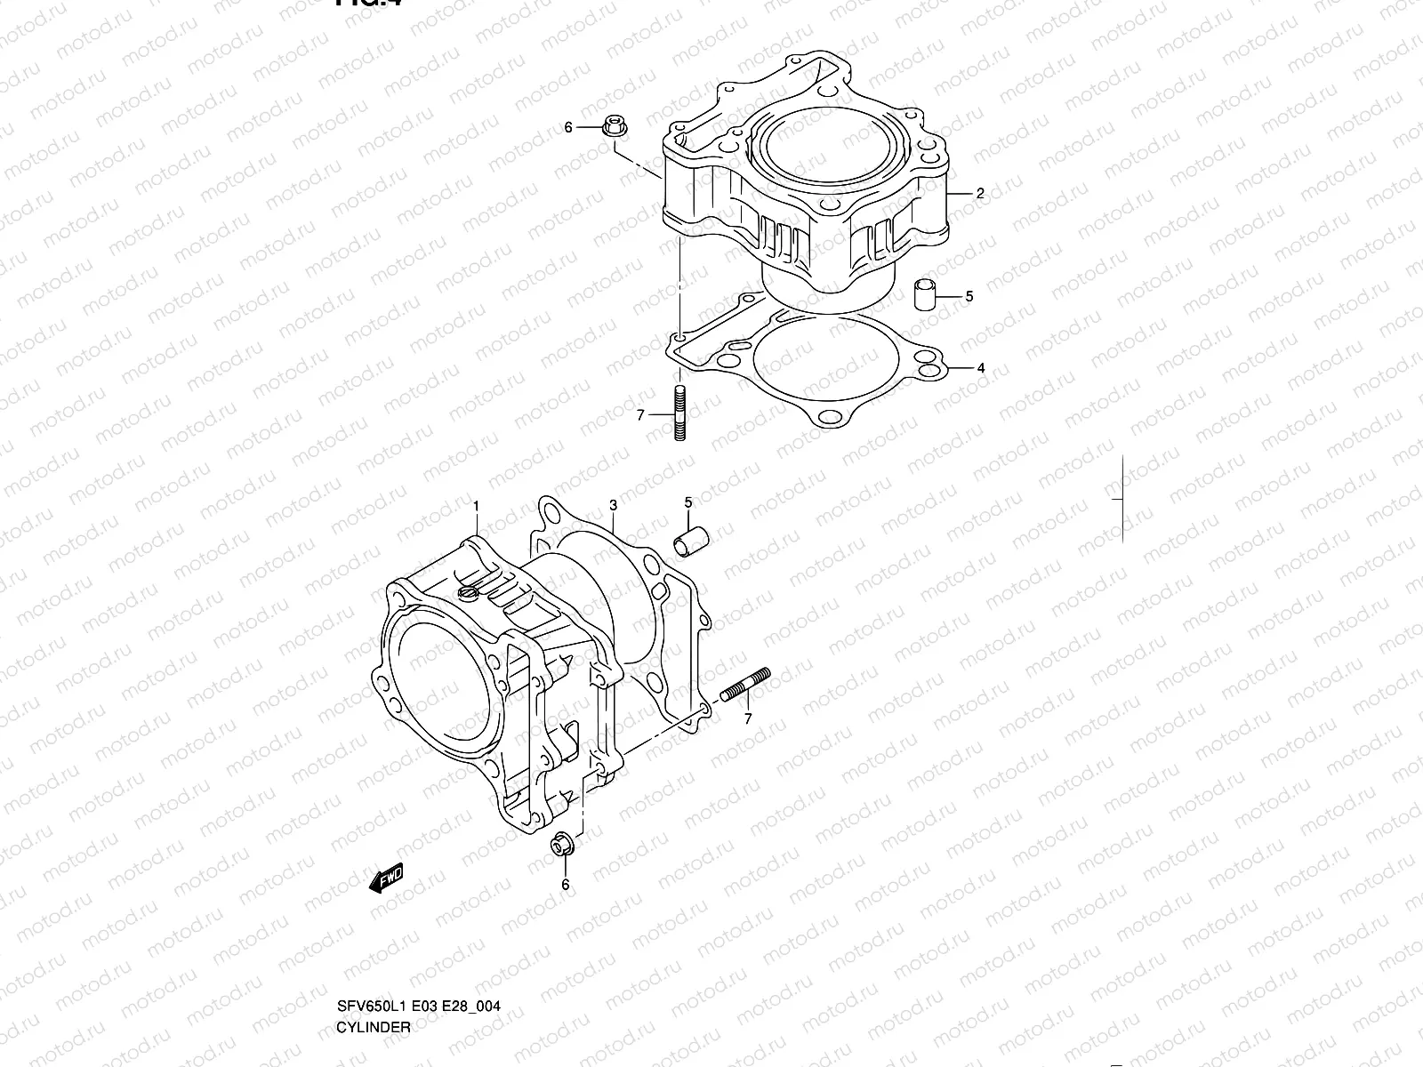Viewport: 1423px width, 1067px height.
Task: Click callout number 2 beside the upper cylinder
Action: [x=980, y=193]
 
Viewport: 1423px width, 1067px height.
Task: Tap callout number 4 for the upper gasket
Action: [x=980, y=367]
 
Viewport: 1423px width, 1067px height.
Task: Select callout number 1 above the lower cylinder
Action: [x=476, y=506]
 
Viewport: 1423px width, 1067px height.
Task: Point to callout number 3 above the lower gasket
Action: [x=613, y=506]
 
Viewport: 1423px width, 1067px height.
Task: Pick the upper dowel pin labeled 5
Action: [x=927, y=295]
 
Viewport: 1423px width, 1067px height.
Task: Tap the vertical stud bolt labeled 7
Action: [x=680, y=413]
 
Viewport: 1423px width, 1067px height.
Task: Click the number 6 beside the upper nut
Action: [x=568, y=128]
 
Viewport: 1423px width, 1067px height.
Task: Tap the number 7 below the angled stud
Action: [x=748, y=718]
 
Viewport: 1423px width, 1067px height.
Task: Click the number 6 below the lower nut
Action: [x=565, y=885]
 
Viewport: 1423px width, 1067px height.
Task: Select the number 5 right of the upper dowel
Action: [x=969, y=296]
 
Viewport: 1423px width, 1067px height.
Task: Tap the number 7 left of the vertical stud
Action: [x=639, y=413]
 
